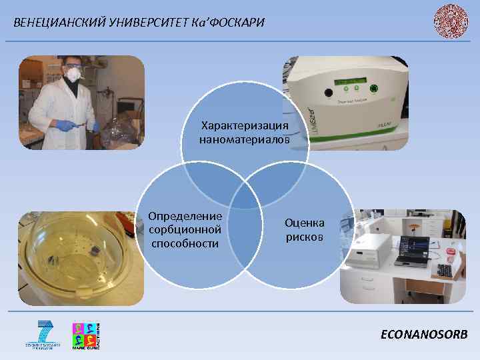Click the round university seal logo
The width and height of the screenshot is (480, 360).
pos(451,20)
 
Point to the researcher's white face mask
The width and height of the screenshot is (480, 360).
pos(72,76)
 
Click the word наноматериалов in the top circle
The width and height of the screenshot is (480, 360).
pos(245,139)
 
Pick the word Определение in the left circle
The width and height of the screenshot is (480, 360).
pos(185,217)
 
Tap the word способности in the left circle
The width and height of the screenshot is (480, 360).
pos(185,243)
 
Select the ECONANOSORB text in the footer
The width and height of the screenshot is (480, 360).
pos(424,334)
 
